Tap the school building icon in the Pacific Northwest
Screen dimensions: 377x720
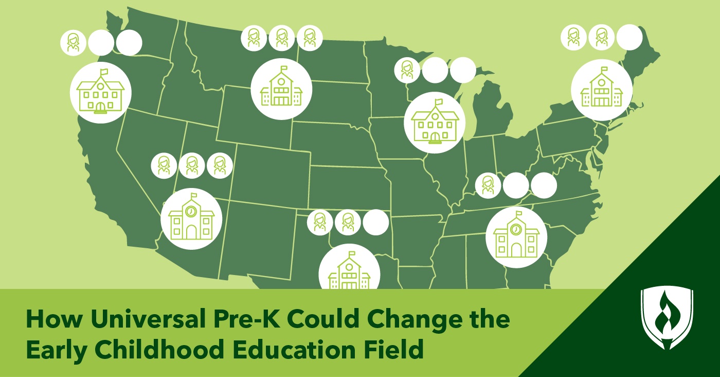(100, 93)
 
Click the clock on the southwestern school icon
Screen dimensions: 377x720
(191, 211)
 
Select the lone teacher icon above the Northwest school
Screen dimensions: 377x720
(74, 43)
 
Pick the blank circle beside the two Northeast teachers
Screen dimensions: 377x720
(629, 38)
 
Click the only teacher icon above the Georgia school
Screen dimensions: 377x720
(488, 185)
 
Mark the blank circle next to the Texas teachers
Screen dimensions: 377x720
(376, 222)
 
